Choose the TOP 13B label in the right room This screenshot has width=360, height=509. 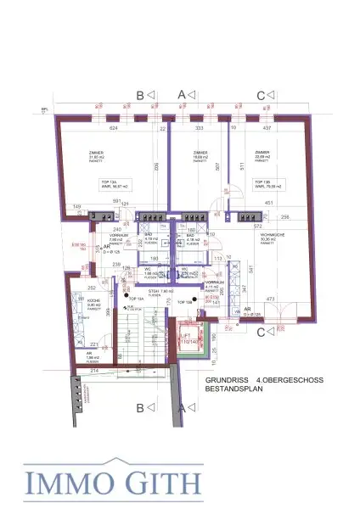coord(260,182)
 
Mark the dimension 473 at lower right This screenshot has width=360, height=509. coord(271,299)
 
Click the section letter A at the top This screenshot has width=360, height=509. coord(181,95)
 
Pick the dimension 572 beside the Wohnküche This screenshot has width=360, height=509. coord(234,227)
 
